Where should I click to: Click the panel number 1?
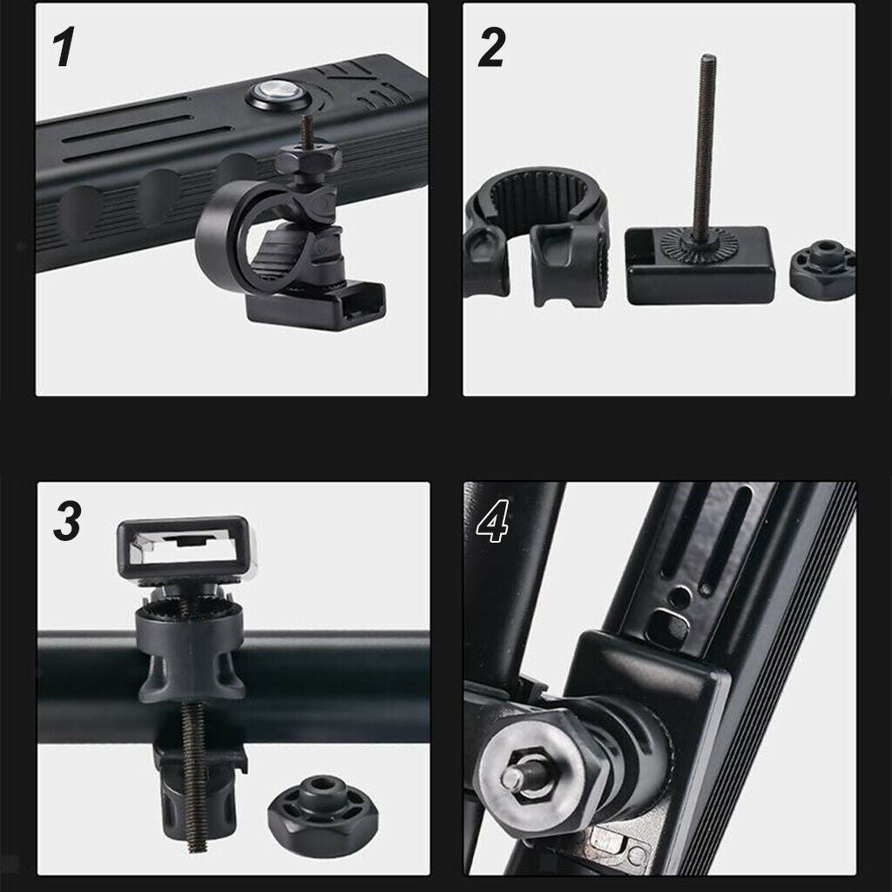pos(64,48)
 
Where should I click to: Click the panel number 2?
pos(491,48)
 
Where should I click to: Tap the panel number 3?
pos(68,521)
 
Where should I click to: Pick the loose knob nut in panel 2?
pos(822,268)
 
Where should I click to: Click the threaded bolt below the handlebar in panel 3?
pos(195,776)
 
